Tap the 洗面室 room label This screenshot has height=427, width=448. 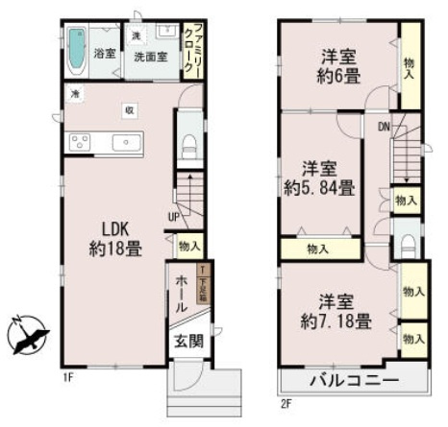tap(151, 57)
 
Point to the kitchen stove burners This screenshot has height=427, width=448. tap(80, 143)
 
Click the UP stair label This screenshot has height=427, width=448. tap(174, 216)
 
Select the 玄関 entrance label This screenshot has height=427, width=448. tap(187, 341)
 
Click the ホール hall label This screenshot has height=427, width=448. tap(183, 294)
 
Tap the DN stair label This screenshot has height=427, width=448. tap(383, 125)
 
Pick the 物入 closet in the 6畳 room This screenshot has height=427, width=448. tap(410, 68)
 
